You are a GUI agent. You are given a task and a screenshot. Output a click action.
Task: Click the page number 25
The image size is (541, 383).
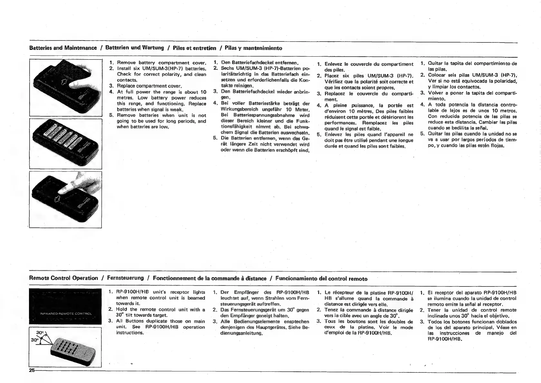click(32, 370)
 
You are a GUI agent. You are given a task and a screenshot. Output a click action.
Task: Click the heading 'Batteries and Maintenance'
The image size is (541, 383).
click(63, 48)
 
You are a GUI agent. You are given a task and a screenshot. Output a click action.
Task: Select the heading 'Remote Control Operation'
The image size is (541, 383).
click(63, 278)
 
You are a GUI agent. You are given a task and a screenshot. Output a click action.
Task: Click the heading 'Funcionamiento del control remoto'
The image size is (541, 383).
click(321, 278)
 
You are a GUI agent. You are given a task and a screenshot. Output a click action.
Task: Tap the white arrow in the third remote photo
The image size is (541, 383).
click(59, 198)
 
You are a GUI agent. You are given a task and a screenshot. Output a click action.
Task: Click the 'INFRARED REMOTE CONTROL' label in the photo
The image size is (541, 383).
click(66, 313)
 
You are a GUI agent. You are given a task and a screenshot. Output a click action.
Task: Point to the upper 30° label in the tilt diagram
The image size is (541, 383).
click(40, 332)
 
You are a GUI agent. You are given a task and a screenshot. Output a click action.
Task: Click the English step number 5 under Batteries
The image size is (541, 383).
click(111, 115)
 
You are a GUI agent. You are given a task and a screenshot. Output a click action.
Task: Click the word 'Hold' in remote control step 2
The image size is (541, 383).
click(122, 310)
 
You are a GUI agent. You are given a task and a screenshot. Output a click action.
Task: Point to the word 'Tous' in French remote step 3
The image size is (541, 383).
click(330, 322)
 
